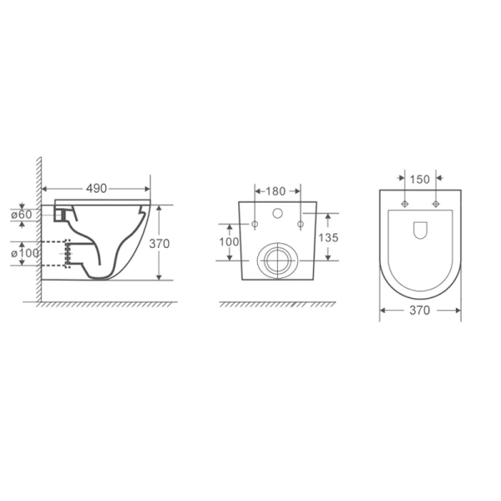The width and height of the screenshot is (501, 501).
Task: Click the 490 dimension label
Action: pyautogui.click(x=96, y=189)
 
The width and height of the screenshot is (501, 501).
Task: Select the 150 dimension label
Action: pyautogui.click(x=419, y=179)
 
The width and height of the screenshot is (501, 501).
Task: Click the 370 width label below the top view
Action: pyautogui.click(x=419, y=311)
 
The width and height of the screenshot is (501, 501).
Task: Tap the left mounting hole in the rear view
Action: pyautogui.click(x=252, y=224)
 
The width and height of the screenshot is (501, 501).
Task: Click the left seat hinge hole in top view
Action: pyautogui.click(x=405, y=204)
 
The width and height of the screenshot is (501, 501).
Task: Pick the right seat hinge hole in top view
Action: pyautogui.click(x=435, y=204)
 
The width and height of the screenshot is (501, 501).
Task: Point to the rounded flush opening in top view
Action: pyautogui.click(x=420, y=228)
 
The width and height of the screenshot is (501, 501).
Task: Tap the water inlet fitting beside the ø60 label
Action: pyautogui.click(x=58, y=214)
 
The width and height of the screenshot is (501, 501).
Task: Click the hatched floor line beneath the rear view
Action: pyautogui.click(x=276, y=304)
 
